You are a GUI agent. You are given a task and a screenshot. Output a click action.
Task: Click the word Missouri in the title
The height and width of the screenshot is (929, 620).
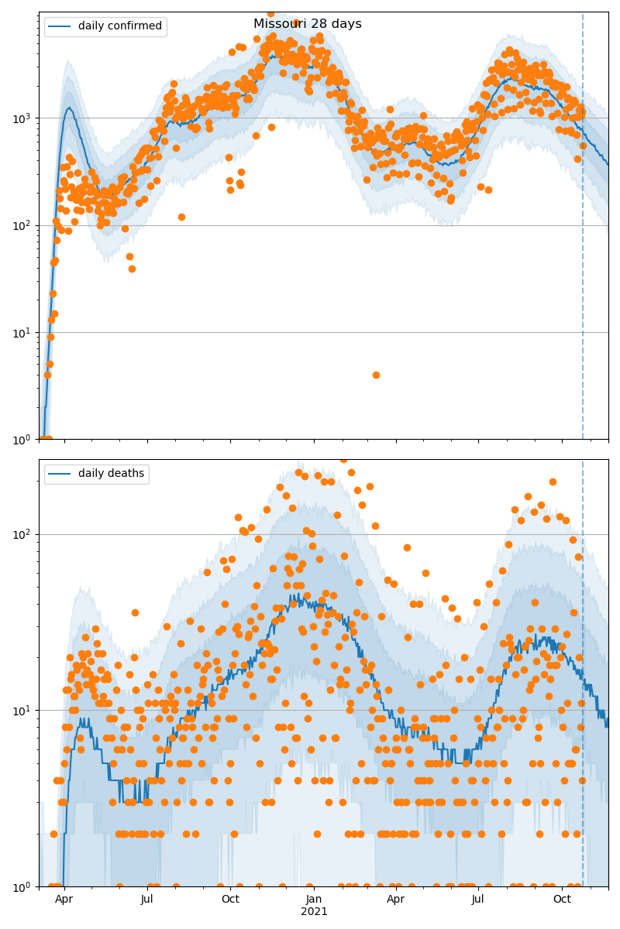(x=280, y=24)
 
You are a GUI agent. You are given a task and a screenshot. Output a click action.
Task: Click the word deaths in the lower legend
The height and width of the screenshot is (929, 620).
(x=126, y=474)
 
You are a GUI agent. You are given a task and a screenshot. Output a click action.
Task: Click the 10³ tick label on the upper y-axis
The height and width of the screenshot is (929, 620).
(x=21, y=118)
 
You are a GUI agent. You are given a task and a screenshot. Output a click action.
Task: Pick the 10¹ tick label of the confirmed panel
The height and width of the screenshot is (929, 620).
(x=21, y=333)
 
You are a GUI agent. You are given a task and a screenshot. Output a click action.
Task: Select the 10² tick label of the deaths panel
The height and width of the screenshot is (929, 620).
(x=21, y=535)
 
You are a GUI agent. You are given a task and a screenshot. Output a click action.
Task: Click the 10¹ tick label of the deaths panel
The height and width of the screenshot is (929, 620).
(x=21, y=711)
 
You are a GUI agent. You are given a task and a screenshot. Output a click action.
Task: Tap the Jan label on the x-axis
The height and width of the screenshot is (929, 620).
(x=314, y=900)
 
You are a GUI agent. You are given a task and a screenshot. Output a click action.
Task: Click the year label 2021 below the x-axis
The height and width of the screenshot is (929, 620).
(x=314, y=912)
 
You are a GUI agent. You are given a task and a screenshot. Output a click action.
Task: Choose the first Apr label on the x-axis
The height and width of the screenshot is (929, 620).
(x=64, y=900)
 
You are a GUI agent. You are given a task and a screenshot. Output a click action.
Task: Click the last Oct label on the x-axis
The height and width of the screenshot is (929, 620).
(x=562, y=900)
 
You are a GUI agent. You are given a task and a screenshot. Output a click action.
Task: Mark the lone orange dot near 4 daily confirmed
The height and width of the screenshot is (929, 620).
(x=376, y=375)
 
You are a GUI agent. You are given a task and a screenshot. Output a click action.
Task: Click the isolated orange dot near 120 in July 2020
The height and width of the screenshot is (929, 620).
(x=181, y=217)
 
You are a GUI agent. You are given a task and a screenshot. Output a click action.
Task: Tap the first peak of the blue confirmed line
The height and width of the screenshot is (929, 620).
(x=70, y=108)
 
